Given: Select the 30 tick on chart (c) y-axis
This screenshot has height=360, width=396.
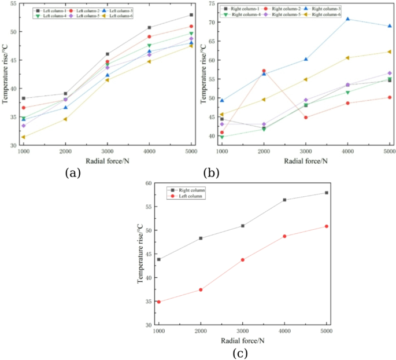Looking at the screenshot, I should coord(148,325).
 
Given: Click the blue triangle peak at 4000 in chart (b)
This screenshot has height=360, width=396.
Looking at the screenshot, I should coord(347,19).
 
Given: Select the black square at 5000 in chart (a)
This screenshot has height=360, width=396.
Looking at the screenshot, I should coord(191,15).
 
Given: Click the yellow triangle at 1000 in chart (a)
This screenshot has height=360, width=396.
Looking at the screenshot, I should coord(24,137).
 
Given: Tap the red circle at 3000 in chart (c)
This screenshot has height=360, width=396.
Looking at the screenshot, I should coord(243,260).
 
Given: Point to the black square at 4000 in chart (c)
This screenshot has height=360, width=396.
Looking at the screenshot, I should coord(284,200).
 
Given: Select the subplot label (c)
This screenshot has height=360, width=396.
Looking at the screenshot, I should coord(240,352).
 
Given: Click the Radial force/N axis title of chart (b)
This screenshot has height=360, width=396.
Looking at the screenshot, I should coord(305,160).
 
